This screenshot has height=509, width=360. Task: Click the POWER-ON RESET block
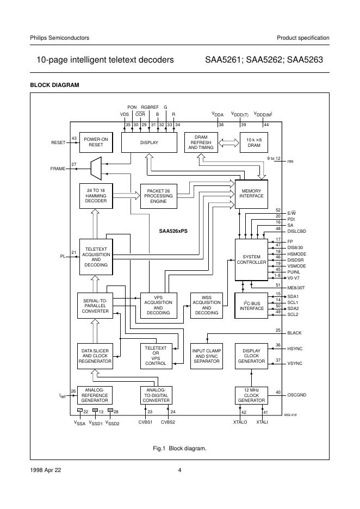[x=95, y=142]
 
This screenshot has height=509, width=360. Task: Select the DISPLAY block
[x=148, y=142]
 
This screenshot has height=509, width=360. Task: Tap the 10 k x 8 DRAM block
[x=250, y=142]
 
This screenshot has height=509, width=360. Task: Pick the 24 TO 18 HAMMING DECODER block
[x=96, y=196]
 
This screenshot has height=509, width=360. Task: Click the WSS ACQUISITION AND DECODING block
[x=206, y=305]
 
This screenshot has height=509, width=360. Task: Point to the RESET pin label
[x=58, y=142]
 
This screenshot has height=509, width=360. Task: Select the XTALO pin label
[x=241, y=421]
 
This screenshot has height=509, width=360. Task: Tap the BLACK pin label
[x=295, y=332]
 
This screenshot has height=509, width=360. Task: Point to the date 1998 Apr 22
[x=46, y=470]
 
